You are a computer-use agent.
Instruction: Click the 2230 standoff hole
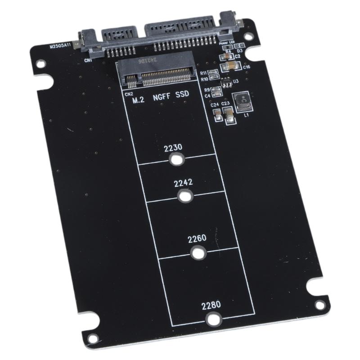pos(177,160)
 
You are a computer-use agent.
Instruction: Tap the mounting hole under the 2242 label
pos(185,196)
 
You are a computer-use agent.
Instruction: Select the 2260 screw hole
pos(197,253)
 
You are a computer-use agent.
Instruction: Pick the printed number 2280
pos(211,305)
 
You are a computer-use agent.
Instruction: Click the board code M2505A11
pos(61,46)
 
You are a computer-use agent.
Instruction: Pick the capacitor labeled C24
pos(218,118)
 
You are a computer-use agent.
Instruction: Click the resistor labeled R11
pos(213,72)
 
